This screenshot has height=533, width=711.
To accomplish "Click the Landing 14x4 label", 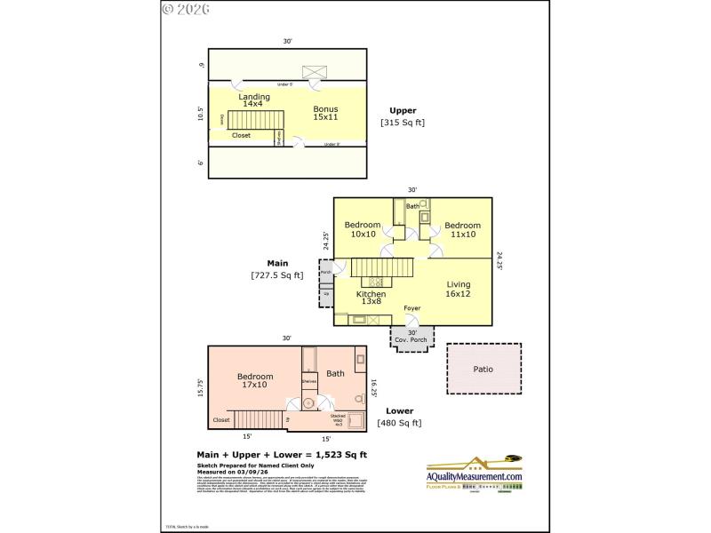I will (254, 99).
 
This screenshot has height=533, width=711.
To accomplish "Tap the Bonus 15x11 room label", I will (326, 113).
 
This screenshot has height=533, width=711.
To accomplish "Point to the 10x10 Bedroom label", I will (363, 229).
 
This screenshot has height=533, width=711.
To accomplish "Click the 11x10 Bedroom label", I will (462, 229).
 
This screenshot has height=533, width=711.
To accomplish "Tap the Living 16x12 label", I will (458, 290).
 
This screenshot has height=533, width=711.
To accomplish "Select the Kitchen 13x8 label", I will (371, 298).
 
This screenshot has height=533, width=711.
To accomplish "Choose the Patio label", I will (483, 369).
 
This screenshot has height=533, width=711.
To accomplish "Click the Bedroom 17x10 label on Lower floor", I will (254, 380).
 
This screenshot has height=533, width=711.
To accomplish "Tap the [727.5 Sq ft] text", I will (277, 275).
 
